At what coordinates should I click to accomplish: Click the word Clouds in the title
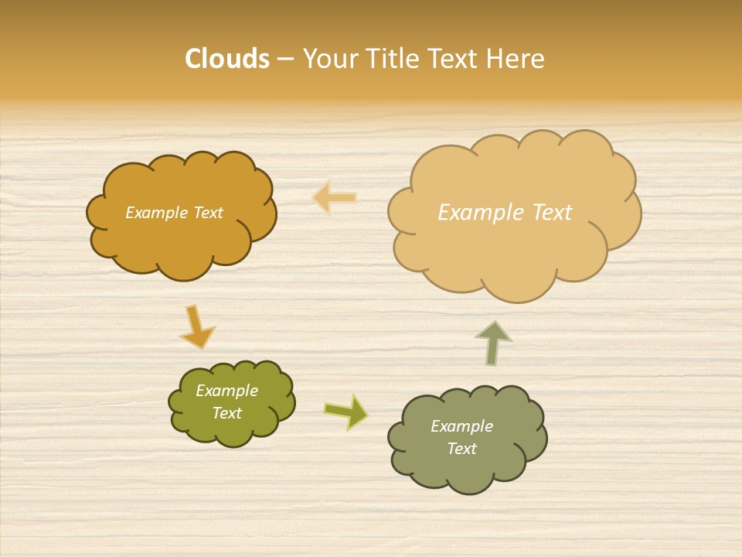click(x=227, y=59)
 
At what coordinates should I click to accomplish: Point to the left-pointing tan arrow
click(x=335, y=198)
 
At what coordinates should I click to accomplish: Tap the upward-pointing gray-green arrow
click(x=492, y=343)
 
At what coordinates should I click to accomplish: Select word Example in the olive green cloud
click(x=227, y=391)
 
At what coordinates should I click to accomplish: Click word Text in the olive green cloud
click(x=227, y=414)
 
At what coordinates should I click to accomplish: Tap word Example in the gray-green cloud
click(x=461, y=426)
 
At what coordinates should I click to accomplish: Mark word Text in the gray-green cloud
click(x=461, y=449)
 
